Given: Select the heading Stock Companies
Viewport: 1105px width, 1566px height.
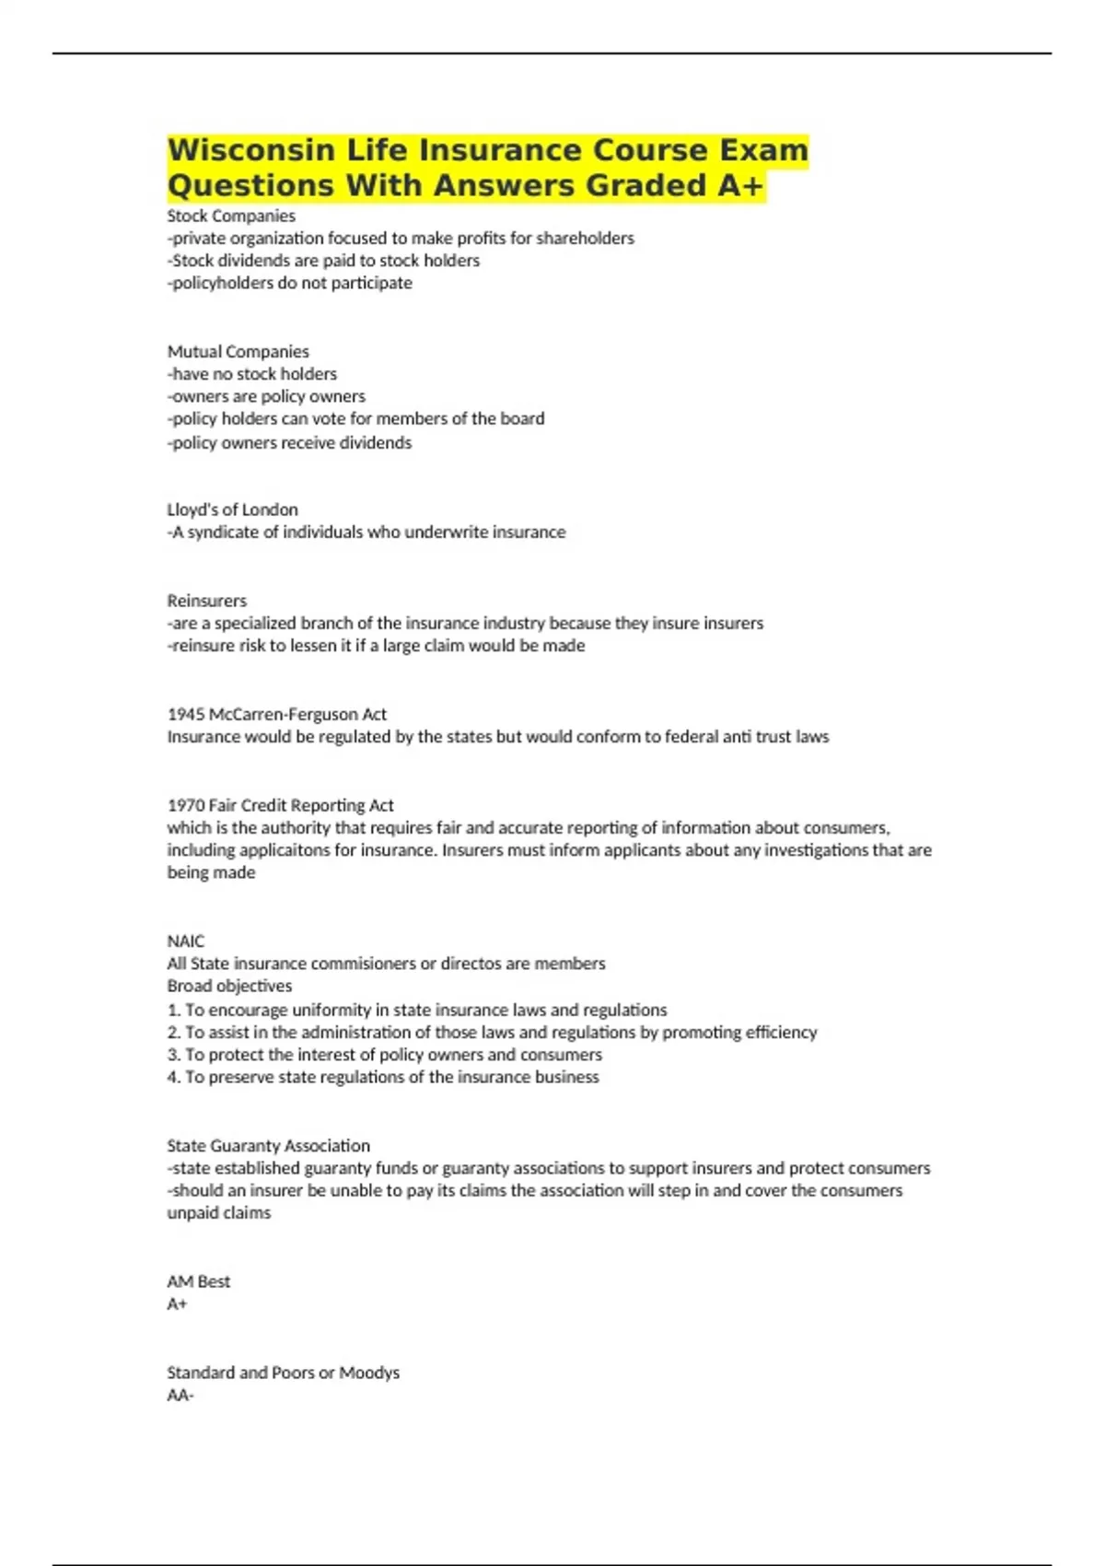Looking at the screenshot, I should click(231, 216).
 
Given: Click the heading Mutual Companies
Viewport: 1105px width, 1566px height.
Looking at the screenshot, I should click(238, 351).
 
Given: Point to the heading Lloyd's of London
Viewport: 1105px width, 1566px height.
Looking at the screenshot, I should click(232, 509).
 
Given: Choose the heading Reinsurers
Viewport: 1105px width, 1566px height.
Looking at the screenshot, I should click(206, 601).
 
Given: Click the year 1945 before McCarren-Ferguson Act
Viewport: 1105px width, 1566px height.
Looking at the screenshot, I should click(186, 714).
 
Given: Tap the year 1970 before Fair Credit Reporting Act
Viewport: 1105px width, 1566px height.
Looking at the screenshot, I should click(186, 805).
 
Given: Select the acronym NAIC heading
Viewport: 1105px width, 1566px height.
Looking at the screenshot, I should click(185, 941).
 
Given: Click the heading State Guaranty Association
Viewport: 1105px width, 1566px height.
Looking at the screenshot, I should click(268, 1145).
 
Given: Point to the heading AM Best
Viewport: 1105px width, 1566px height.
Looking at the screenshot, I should click(198, 1281).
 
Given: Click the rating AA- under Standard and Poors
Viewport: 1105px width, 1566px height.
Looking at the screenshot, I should click(180, 1395).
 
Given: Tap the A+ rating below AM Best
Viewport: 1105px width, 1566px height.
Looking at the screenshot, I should click(177, 1303).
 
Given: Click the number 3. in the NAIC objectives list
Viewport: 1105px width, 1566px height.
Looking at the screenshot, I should click(174, 1055).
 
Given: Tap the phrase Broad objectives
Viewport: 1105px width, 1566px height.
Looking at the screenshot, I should click(229, 986).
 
